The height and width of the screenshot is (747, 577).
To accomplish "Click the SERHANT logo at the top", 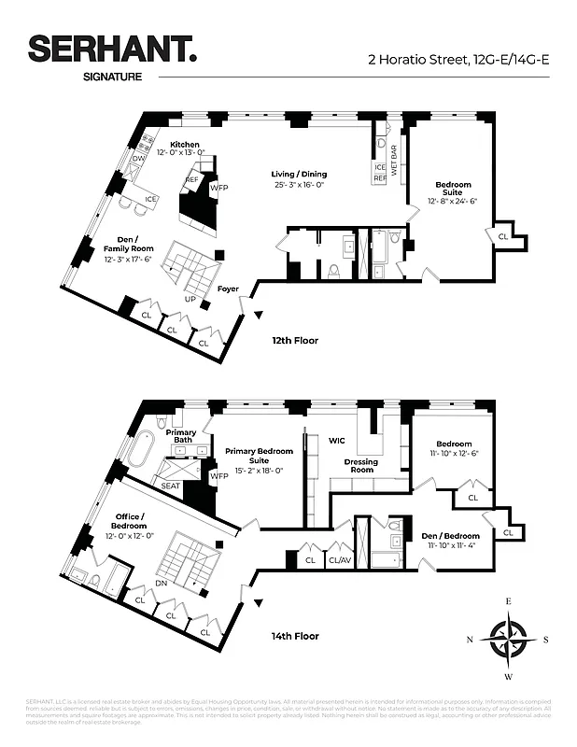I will click(x=111, y=50).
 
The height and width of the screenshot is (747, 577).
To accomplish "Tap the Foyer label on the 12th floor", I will click(x=228, y=289).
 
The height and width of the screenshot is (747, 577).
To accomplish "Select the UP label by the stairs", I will click(x=190, y=299).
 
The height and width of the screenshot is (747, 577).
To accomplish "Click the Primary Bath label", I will click(x=181, y=436).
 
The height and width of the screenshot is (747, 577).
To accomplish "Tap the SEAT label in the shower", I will click(x=170, y=486).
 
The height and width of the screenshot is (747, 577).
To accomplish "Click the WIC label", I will click(x=337, y=440).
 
